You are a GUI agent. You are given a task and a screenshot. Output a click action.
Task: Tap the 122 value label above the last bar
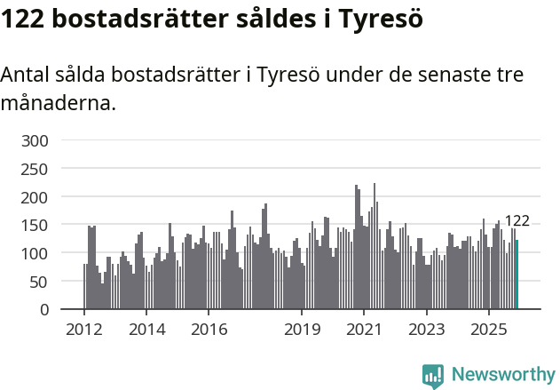tap(517, 221)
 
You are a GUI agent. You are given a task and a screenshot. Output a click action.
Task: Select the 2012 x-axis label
tap(84, 330)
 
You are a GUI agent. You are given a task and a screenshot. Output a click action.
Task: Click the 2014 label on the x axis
tap(146, 330)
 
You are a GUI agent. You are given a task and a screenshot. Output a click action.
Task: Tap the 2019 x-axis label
tap(302, 330)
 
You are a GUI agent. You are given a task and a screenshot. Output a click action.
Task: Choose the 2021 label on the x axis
tap(364, 330)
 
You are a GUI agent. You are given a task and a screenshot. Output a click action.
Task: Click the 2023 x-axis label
tap(426, 330)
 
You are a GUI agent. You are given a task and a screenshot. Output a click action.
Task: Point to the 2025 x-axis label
tap(488, 330)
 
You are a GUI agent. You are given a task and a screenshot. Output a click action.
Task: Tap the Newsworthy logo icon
tap(433, 376)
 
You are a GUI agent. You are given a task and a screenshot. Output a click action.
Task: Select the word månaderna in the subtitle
tap(58, 103)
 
